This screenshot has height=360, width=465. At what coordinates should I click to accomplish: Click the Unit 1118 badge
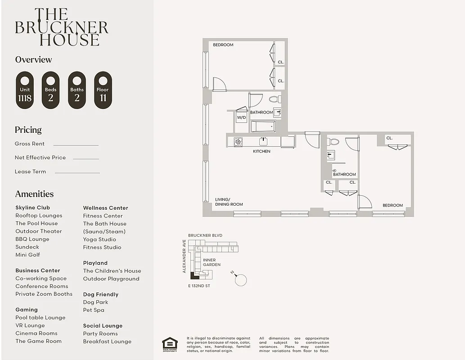pos(25,90)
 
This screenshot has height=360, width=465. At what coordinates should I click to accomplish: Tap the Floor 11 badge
pos(103,90)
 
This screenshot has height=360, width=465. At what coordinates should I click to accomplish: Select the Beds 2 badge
pos(50,90)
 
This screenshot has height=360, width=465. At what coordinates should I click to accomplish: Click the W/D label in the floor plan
pos(241,117)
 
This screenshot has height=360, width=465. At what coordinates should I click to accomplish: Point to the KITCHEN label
pos(262,151)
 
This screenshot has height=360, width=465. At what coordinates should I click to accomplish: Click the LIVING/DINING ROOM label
pos(229,202)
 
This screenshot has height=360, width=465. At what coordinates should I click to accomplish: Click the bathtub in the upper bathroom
pos(263,126)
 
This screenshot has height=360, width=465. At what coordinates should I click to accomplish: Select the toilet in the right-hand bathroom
pos(334,142)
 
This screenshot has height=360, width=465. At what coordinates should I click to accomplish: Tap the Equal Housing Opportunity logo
pos(170,344)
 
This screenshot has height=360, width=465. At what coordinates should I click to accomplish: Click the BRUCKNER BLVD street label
pos(205,235)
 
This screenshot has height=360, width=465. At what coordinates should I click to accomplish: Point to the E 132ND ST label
pos(199,286)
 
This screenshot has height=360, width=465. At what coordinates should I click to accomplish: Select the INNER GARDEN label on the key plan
pos(212,262)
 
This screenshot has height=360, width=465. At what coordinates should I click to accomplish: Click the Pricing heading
pos(28,130)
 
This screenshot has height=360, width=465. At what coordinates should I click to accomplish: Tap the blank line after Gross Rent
pos(76,145)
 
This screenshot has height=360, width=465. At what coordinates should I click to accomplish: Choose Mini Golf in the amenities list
pos(27,255)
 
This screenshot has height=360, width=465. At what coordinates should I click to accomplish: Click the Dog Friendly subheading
pos(100,294)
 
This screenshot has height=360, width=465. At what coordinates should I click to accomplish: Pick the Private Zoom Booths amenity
pos(44,294)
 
